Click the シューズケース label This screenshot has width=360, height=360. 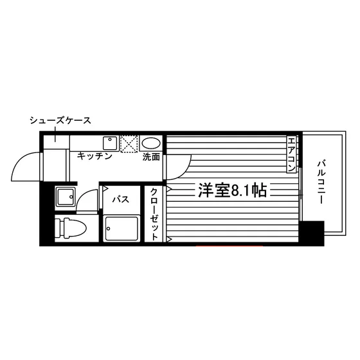click(60, 121)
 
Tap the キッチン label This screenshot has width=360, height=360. click(94, 156)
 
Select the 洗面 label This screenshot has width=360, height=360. click(151, 157)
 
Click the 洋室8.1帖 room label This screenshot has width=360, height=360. click(232, 190)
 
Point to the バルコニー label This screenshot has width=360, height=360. click(321, 183)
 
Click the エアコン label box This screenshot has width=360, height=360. click(291, 154)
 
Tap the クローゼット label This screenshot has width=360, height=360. click(154, 214)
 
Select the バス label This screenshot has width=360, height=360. click(121, 199)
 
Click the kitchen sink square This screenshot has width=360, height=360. click(110, 143)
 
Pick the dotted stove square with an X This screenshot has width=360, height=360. click(129, 144)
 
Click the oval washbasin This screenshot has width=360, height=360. click(151, 143)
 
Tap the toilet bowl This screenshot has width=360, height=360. click(71, 228)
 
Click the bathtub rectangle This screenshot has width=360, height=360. click(122, 228)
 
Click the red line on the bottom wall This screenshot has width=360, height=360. click(229, 246)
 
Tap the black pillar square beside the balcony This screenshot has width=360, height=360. click(312, 233)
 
